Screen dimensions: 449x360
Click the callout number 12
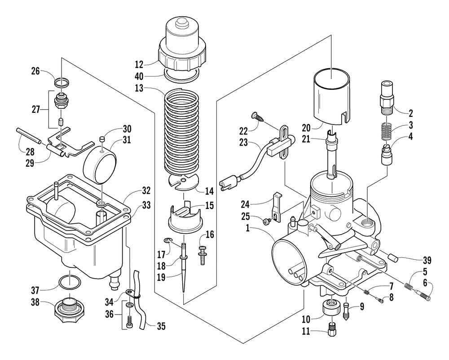pos(139,64)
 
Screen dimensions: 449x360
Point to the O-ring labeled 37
pos(70,282)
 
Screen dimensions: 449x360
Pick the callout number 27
pos(36,110)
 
